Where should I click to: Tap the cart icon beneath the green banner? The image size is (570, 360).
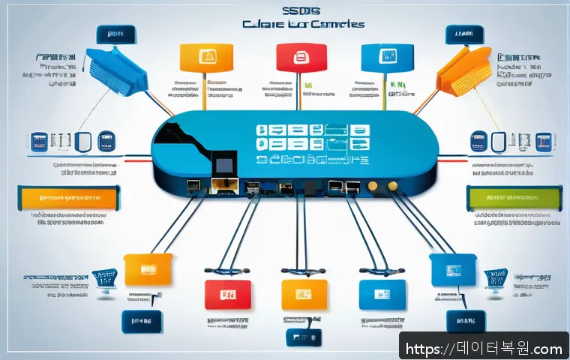495,279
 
